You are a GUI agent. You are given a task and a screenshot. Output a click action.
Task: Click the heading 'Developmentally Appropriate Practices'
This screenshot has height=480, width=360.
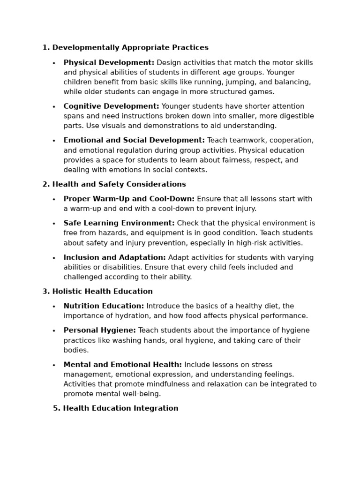click(130, 48)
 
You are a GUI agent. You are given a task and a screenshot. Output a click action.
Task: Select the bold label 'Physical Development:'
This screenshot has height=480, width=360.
click(109, 63)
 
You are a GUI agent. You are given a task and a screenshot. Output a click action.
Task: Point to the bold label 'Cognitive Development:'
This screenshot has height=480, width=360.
click(111, 106)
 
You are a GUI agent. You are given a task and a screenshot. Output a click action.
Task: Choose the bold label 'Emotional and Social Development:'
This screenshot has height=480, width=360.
click(134, 141)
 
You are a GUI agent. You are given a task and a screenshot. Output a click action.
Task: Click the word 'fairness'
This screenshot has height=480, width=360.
click(232, 160)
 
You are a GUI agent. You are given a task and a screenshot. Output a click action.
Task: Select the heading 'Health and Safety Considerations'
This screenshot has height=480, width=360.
click(119, 185)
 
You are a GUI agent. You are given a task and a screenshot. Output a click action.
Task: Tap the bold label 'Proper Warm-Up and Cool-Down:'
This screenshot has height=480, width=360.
click(129, 199)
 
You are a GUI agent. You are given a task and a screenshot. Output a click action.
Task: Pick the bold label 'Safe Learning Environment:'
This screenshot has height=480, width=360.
click(119, 224)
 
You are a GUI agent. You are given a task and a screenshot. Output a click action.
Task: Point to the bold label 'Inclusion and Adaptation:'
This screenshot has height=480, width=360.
click(114, 258)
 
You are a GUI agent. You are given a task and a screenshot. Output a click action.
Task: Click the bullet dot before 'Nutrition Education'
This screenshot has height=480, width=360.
click(54, 307)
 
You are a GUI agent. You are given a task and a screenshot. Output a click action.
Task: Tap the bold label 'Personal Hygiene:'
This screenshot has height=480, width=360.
click(99, 331)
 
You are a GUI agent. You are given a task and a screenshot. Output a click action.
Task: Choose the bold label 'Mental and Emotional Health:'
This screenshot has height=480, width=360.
click(123, 365)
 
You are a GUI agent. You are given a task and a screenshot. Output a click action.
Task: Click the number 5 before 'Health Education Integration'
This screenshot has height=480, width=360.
click(56, 409)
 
